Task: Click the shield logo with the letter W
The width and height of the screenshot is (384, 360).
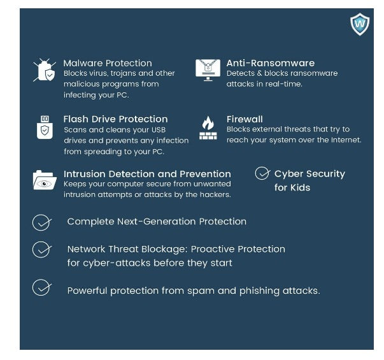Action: [x=360, y=24]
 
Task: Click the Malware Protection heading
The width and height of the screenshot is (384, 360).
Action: [x=108, y=63]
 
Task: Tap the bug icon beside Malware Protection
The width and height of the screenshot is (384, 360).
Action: [x=45, y=70]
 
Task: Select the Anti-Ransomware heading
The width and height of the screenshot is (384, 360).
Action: [x=271, y=63]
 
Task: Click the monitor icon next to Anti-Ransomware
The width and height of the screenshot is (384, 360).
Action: [x=208, y=70]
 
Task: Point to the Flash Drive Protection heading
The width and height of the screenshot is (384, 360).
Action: [x=115, y=119]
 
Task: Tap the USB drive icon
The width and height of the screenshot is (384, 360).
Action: [x=45, y=127]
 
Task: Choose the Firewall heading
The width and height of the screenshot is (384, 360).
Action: [x=245, y=119]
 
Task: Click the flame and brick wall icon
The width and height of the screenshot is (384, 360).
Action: [x=208, y=127]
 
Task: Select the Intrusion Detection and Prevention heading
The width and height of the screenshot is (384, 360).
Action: [x=147, y=174]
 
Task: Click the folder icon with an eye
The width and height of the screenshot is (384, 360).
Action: [x=45, y=180]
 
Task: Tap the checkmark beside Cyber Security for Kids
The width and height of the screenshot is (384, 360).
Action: [x=262, y=173]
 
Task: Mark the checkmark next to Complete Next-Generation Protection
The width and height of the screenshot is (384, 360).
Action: [x=41, y=222]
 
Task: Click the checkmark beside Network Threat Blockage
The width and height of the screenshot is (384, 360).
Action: [x=41, y=249]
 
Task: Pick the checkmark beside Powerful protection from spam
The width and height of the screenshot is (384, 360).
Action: [x=41, y=288]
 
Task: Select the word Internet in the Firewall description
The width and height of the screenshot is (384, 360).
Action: [x=345, y=140]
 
